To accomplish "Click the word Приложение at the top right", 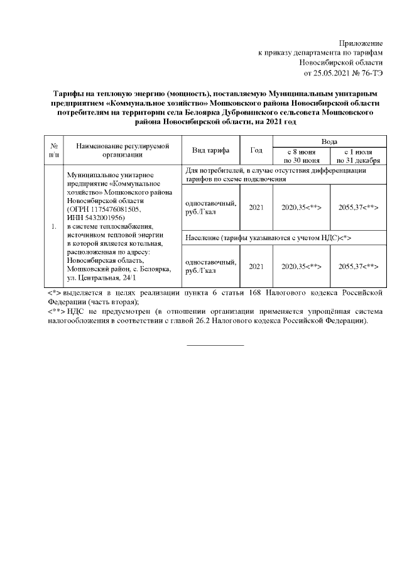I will click(361, 42).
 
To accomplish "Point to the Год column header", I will click(256, 150).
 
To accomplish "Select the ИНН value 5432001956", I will click(104, 216).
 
